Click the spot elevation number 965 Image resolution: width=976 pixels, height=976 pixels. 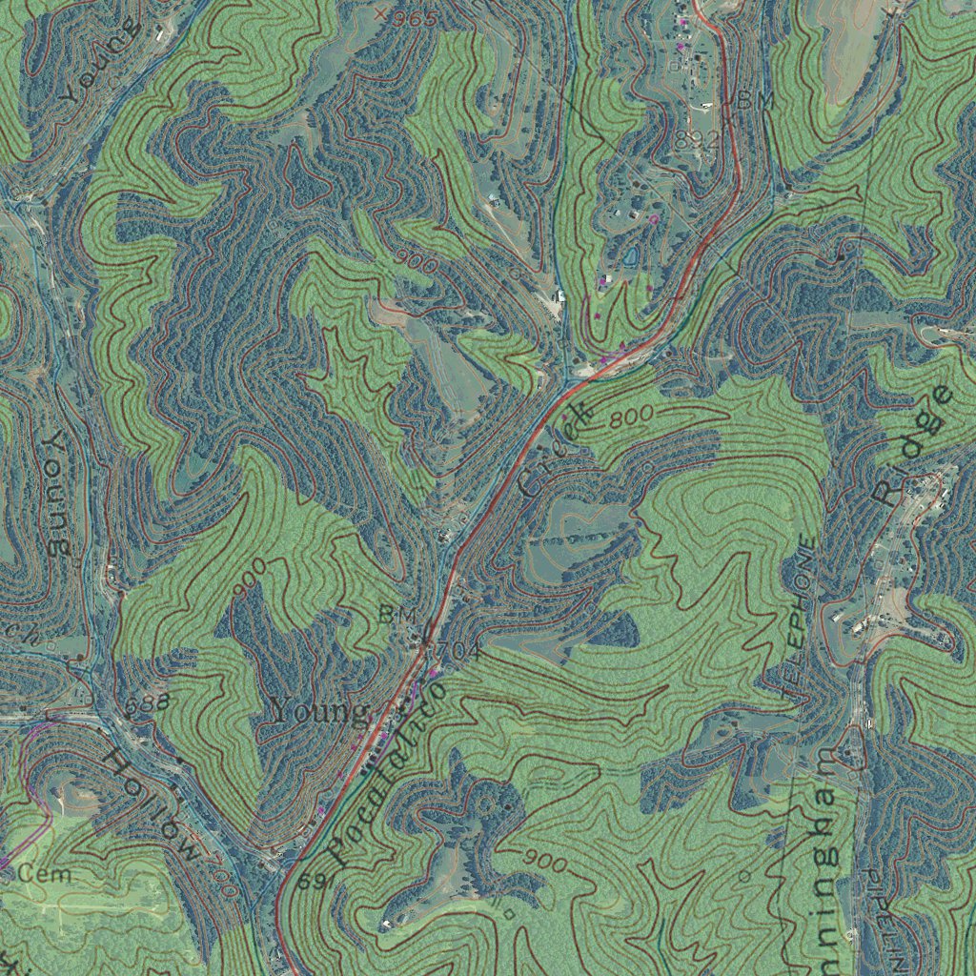pos(416,19)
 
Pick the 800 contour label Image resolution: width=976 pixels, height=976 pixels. pos(630,417)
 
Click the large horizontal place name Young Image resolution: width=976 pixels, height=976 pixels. pos(319,710)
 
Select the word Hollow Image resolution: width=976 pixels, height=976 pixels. pos(152,805)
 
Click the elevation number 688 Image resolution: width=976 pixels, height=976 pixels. pos(148,703)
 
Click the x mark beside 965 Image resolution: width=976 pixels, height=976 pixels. pos(381,13)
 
